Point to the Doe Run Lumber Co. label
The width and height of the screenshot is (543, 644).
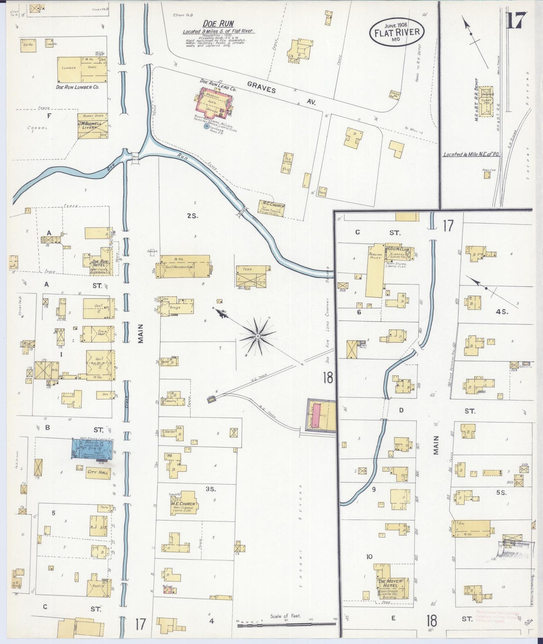[x=77, y=87]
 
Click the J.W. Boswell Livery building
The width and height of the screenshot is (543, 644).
[x=92, y=126]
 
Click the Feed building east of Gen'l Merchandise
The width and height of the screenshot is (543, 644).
[x=251, y=277]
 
